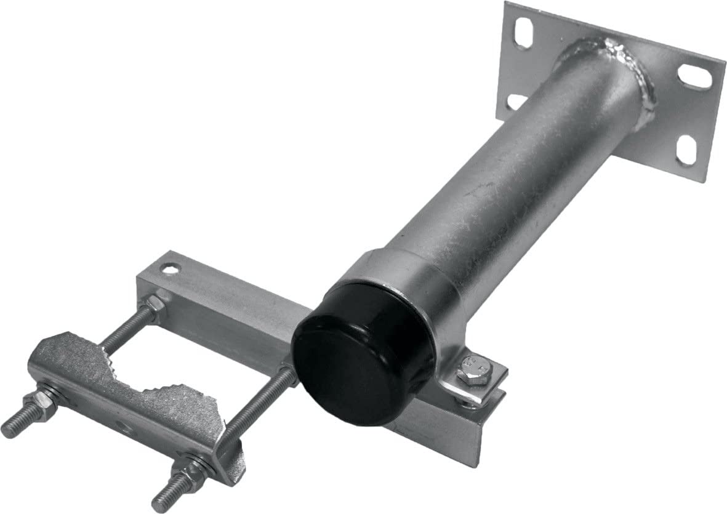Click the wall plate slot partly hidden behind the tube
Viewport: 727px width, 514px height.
click(516, 100)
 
